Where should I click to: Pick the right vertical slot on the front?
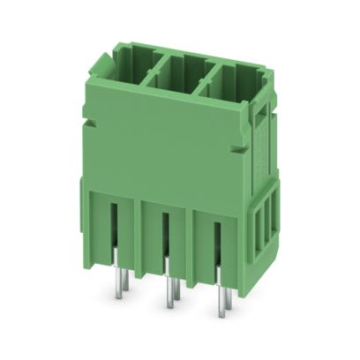pos(217,245)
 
